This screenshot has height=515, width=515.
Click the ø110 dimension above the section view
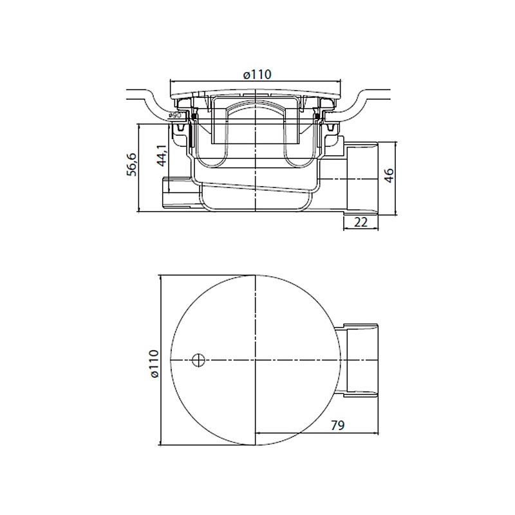point(257,75)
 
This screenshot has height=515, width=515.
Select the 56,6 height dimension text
point(132,164)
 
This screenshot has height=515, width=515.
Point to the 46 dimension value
point(389,176)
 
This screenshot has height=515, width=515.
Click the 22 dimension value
point(360,222)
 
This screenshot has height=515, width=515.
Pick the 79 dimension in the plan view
point(337,426)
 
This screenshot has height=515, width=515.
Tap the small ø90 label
point(174,116)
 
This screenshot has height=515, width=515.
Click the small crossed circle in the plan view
point(198,360)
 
